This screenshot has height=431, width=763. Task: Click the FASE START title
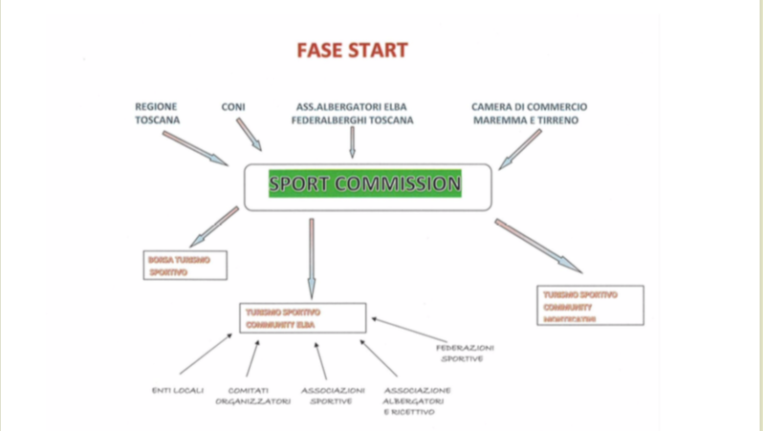[x=352, y=50]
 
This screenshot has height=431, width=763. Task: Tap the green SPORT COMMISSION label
[x=364, y=183]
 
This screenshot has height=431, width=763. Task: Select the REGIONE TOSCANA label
[x=158, y=114]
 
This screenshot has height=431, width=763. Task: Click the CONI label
[x=233, y=107]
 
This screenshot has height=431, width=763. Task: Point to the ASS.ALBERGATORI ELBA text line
[x=352, y=107]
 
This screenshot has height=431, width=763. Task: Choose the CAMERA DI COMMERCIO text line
[x=529, y=107]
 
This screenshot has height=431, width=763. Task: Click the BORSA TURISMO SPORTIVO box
[x=185, y=266]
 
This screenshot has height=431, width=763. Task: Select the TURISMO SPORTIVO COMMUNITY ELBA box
[x=302, y=318]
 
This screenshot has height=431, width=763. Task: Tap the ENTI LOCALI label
[x=178, y=390]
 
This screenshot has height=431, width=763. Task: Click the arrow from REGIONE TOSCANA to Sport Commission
[x=195, y=148]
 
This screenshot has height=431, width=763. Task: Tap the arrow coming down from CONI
[x=249, y=135]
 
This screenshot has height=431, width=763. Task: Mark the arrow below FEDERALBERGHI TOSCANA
[x=352, y=141]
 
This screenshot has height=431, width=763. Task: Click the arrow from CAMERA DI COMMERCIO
[x=520, y=150]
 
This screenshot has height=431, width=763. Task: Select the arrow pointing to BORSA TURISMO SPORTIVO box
[x=214, y=227]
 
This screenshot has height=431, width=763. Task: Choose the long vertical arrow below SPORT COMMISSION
[x=311, y=257]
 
